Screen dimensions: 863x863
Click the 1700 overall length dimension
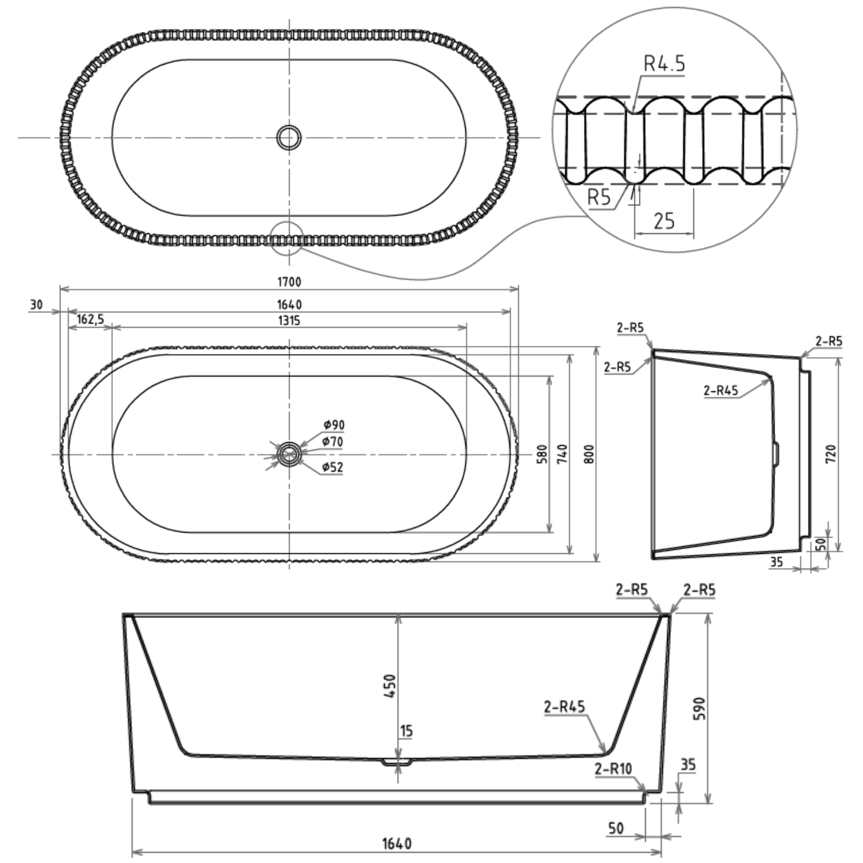tap(289, 282)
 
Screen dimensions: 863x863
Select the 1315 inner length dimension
tap(289, 320)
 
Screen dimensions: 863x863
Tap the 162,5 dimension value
tap(90, 319)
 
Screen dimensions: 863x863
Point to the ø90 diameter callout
tap(334, 425)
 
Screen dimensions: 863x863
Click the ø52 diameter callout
tap(333, 467)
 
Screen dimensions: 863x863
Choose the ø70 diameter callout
tap(333, 442)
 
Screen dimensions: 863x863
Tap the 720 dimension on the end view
tap(831, 454)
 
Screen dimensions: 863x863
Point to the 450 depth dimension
tap(391, 686)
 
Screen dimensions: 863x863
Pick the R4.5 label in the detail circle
tap(664, 64)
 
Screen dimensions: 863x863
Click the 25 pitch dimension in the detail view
tap(664, 220)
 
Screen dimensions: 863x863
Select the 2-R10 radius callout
tap(613, 769)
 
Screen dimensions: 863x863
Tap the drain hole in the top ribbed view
tap(288, 138)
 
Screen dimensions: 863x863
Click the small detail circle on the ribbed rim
tap(286, 237)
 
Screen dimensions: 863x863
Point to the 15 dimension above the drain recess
tap(406, 731)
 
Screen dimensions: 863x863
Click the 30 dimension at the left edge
tap(36, 305)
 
